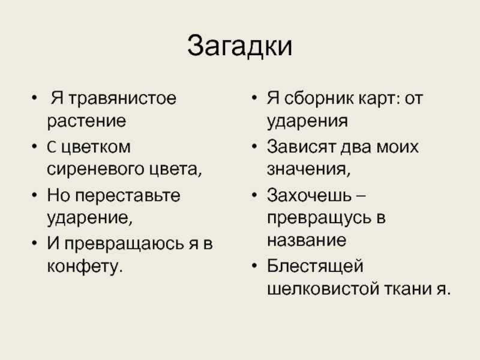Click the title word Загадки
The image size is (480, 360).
[x=239, y=47]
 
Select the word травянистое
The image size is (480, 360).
[x=122, y=98]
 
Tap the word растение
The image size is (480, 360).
[x=86, y=121]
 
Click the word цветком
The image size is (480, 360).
[x=96, y=147]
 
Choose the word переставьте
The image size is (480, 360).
[x=127, y=196]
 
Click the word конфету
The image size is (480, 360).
[x=85, y=266]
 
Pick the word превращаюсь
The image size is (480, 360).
[x=124, y=244]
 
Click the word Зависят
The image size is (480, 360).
[x=302, y=146]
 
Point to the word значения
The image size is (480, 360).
[x=308, y=170]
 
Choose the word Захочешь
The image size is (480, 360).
[x=310, y=196]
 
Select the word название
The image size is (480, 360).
[x=307, y=241]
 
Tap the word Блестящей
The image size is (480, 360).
[x=315, y=266]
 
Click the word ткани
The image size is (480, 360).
[x=408, y=289]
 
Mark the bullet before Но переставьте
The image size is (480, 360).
[x=34, y=196]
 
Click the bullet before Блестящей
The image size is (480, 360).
[x=254, y=266]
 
